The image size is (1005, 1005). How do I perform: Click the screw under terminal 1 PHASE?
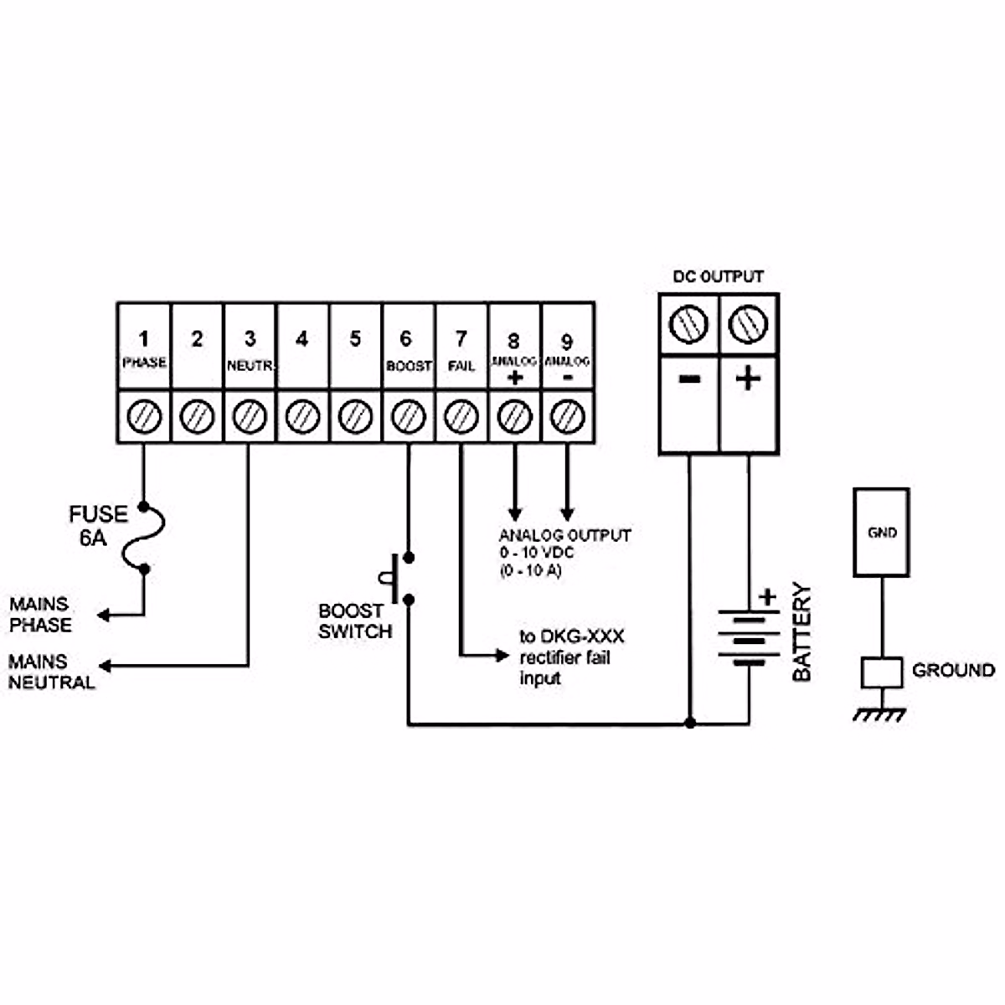144,416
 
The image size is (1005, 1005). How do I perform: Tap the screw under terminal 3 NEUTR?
250,416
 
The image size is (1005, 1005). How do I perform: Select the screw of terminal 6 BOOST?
408,416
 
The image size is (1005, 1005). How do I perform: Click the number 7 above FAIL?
461,339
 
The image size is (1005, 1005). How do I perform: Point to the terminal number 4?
302,338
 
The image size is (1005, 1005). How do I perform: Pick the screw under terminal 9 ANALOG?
567,416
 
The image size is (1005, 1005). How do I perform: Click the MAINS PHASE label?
40,615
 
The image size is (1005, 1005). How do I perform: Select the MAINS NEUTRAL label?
51,672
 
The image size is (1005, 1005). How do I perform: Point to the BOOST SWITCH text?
355,621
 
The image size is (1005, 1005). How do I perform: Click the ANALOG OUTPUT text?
564,535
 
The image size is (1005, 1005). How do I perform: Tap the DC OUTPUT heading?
719,276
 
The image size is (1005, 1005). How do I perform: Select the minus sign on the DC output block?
689,379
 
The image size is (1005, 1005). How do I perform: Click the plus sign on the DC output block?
748,379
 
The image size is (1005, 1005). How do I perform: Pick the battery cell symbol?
749,636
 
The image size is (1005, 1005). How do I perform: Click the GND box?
881,533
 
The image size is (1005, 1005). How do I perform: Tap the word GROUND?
953,670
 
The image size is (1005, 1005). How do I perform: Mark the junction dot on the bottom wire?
689,723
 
